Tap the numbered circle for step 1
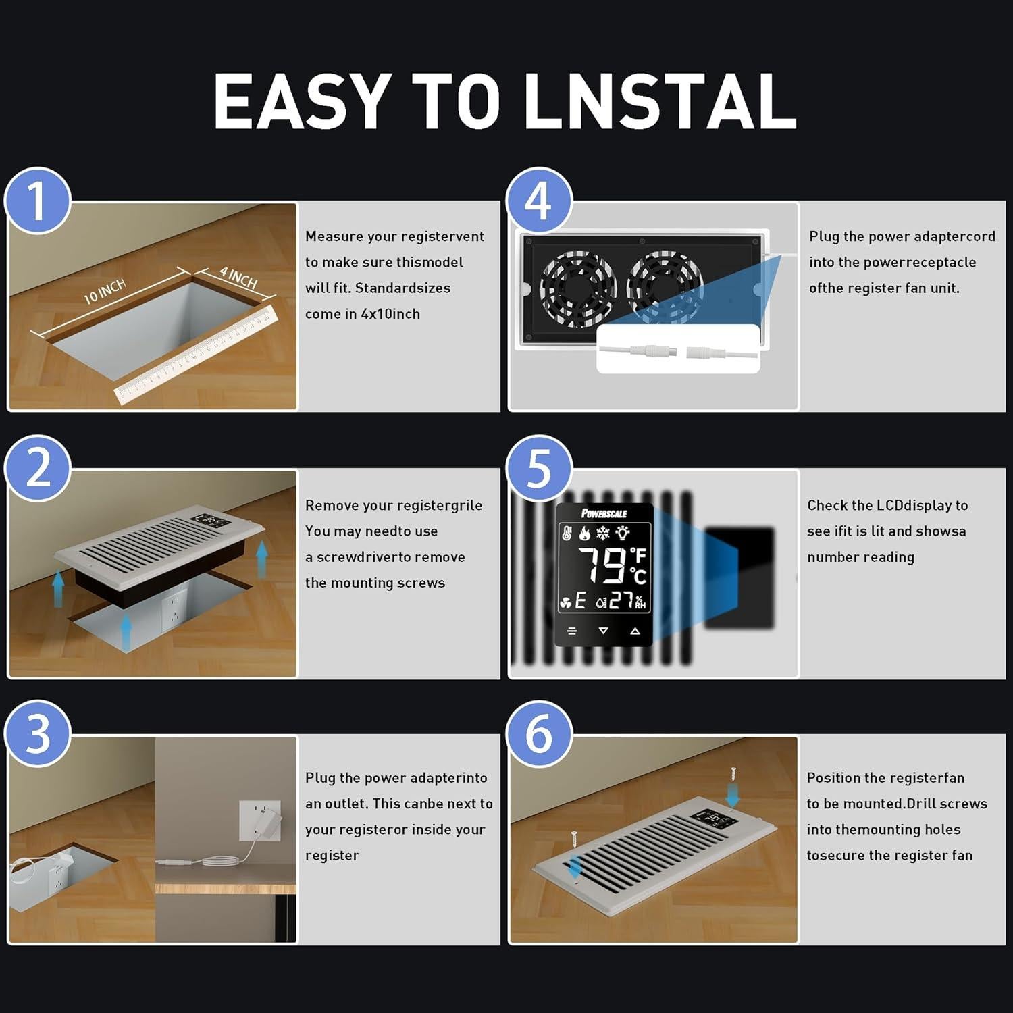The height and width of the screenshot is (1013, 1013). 38,201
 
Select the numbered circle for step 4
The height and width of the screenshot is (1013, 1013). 539,201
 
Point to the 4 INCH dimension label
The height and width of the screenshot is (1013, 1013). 238,276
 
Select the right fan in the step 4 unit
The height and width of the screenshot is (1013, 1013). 665,286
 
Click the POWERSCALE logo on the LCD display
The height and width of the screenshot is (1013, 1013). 604,513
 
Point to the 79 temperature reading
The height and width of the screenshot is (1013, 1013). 602,565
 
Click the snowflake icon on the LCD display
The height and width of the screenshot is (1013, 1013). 603,534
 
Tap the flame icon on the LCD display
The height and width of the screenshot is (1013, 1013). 585,534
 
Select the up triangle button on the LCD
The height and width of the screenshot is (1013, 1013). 635,631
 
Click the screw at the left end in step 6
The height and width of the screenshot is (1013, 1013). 574,840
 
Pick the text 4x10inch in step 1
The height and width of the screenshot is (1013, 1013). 390,313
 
